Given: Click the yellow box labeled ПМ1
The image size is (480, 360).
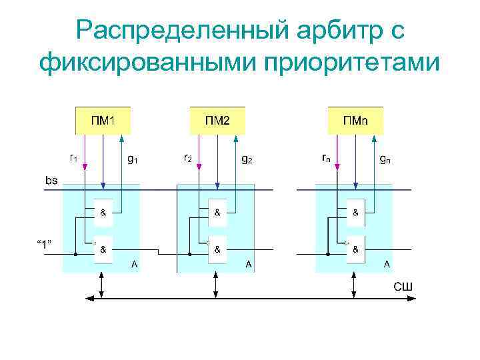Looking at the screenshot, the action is click(102, 119).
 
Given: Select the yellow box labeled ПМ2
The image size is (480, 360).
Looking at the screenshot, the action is click(217, 119).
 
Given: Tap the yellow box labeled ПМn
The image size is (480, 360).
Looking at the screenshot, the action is click(355, 119).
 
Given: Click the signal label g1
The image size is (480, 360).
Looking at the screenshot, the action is click(132, 159).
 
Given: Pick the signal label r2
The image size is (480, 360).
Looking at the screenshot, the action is click(188, 159).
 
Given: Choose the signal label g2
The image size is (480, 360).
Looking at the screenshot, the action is click(247, 159).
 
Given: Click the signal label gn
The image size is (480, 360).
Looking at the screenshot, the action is click(385, 159).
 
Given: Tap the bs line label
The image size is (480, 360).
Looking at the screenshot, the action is click(51, 179).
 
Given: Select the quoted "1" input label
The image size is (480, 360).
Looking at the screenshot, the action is click(45, 243).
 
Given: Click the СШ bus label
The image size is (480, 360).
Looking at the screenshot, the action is click(402, 287).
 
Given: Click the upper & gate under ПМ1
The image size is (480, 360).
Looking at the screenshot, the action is click(103, 213).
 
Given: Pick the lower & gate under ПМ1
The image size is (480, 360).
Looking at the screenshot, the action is click(103, 250).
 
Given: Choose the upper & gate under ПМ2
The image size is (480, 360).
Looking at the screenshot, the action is click(217, 213).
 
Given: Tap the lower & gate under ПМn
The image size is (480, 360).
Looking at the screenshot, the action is click(355, 250).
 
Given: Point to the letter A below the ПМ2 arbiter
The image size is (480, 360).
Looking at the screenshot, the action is click(249, 265).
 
